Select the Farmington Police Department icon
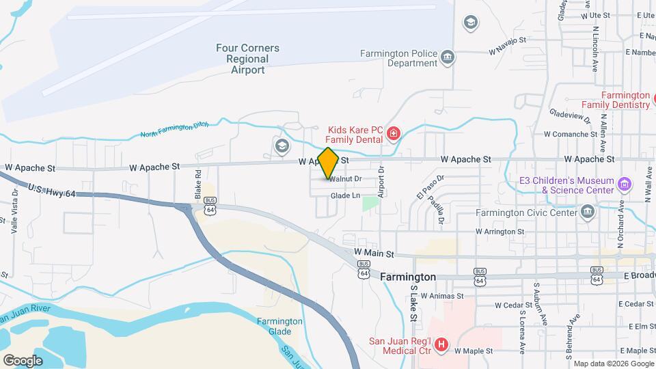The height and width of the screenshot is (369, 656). pos(448,56)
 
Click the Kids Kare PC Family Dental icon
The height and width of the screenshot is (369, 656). pos(393,133)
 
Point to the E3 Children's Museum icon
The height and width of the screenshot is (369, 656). pos(623,184)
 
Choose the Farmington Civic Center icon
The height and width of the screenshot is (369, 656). pos(587,211)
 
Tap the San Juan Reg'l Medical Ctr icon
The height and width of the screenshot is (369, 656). pos(441,345)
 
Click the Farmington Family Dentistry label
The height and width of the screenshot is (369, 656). pos(625,100)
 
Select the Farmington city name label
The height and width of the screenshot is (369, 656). pos(407,277)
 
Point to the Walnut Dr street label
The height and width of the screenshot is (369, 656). pos(344,179)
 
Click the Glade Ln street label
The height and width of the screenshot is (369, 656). pos(345,195)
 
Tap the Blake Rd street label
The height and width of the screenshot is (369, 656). pos(197,182)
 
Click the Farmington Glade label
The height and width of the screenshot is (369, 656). pos(279,327)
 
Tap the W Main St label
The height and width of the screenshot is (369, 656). pos(374,253)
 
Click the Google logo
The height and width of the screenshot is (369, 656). pos(23,360)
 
